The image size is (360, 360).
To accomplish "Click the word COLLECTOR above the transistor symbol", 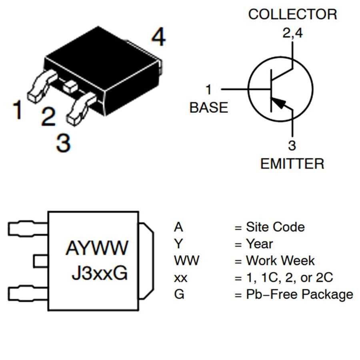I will coord(292,14).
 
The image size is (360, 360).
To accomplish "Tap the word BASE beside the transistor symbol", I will coord(208,108).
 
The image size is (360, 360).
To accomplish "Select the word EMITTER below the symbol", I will coord(292,164).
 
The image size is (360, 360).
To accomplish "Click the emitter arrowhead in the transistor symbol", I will coord(282,104).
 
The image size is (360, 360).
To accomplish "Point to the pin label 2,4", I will coord(293,33).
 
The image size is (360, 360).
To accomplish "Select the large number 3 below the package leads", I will coord(63,143).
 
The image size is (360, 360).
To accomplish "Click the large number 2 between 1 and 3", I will coord(48,117).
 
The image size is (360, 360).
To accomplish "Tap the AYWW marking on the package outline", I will coord(97,248).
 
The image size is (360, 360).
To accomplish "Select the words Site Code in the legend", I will coord(275,227).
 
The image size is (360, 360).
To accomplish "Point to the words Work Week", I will coord(280,261).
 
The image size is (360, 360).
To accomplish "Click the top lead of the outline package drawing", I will coord(27,228).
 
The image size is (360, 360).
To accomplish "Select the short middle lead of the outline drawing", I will coord(40,261).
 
